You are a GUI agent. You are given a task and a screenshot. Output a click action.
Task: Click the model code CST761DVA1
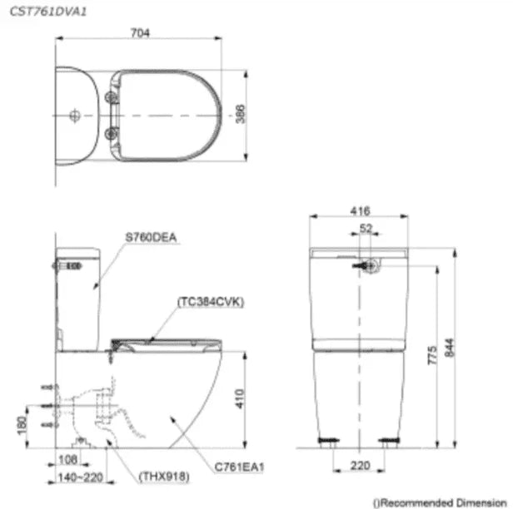tap(48, 12)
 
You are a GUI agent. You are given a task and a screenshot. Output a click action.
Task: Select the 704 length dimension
tap(140, 33)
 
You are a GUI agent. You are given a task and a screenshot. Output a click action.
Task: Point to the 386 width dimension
tap(241, 114)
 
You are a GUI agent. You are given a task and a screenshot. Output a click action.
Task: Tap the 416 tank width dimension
tap(361, 211)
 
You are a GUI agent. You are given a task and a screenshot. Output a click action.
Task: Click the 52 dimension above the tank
tap(366, 229)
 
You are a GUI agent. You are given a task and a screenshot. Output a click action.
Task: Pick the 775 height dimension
tap(432, 355)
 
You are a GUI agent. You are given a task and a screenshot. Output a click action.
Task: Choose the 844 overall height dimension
tap(450, 348)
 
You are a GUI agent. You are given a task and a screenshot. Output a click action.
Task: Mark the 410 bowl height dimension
tap(240, 398)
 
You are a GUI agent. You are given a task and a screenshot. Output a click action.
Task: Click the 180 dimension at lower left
tap(22, 425)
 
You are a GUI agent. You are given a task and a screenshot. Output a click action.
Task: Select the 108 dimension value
tap(67, 460)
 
